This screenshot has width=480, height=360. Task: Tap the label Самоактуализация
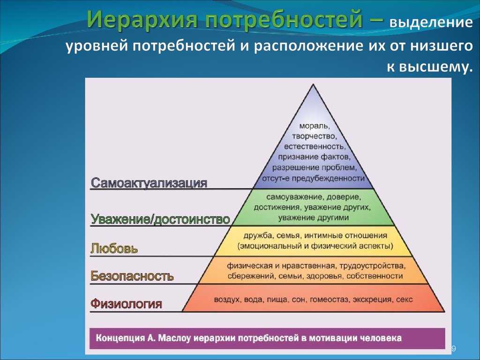click(149, 183)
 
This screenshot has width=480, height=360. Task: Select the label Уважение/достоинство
click(160, 219)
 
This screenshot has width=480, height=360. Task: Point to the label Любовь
click(114, 248)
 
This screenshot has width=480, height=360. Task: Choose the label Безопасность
click(132, 276)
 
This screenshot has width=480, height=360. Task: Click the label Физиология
click(126, 304)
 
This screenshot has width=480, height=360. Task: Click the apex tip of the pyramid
click(313, 84)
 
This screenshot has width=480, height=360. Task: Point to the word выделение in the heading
click(431, 23)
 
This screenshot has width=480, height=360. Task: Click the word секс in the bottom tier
click(405, 300)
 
